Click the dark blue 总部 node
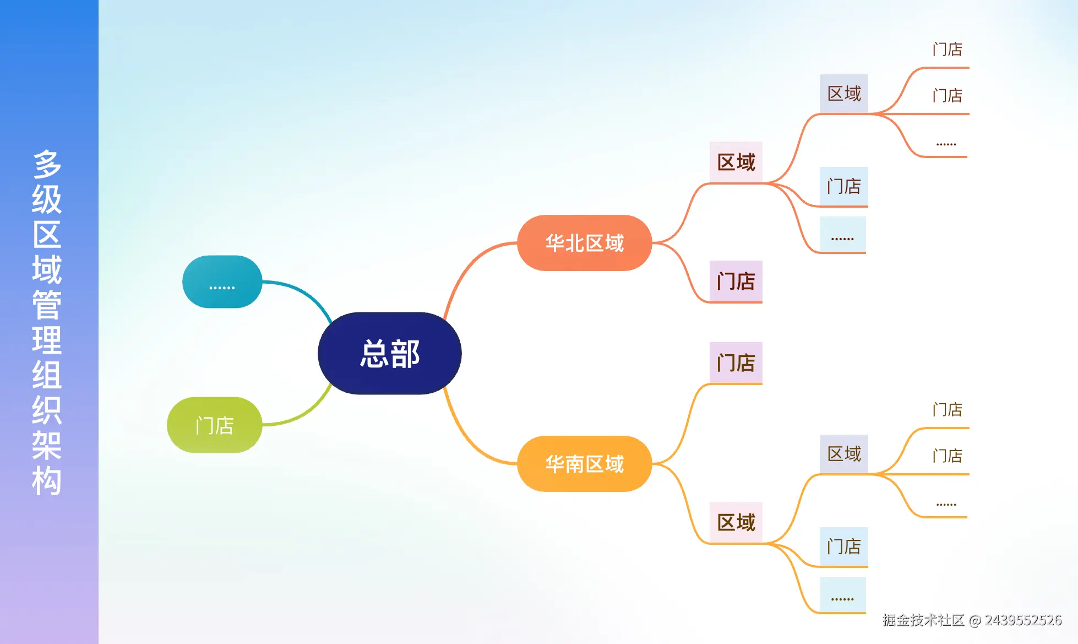click(x=389, y=353)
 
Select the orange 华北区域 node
click(x=584, y=243)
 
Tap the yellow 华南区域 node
click(x=584, y=464)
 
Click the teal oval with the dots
click(x=222, y=282)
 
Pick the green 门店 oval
click(x=214, y=425)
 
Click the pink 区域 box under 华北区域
click(x=736, y=162)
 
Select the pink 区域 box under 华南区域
click(x=736, y=522)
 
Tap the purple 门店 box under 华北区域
click(x=736, y=281)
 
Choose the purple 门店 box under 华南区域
click(x=736, y=362)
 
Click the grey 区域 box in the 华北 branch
click(x=844, y=94)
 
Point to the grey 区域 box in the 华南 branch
click(x=844, y=454)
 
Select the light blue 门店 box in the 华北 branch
click(x=843, y=186)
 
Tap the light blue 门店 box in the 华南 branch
click(x=843, y=546)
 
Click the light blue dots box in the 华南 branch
click(x=842, y=595)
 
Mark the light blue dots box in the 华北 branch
click(x=842, y=235)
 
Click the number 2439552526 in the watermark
click(x=1023, y=620)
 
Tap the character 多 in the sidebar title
click(x=47, y=164)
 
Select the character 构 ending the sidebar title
click(x=47, y=480)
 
